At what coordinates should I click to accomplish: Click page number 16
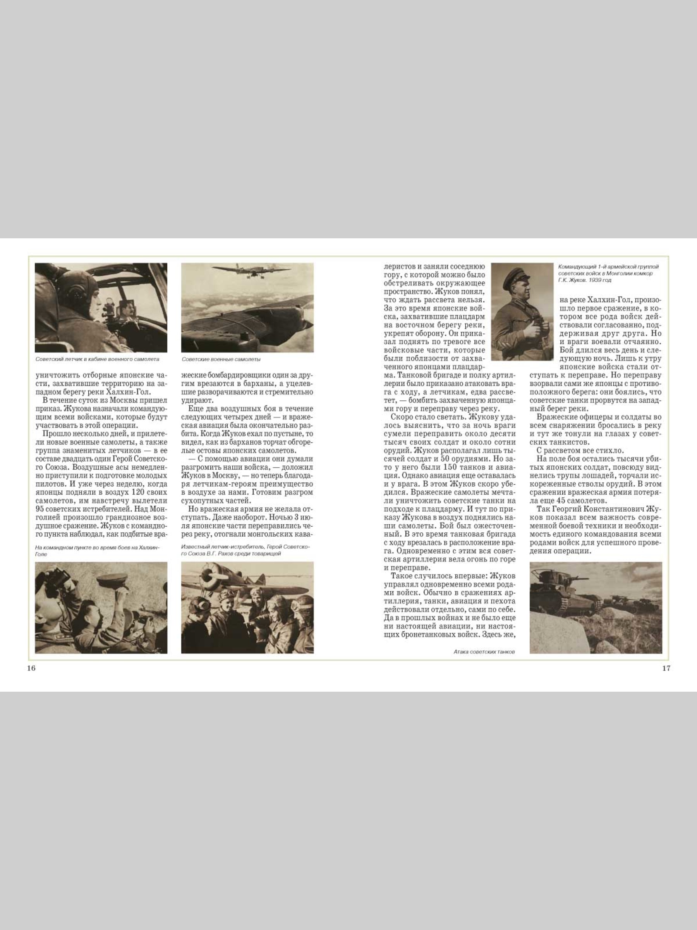pos(31,668)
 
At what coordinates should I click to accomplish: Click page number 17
pos(666,668)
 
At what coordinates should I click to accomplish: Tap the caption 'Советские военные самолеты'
pos(221,360)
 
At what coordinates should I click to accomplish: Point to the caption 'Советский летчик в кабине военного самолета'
pos(98,360)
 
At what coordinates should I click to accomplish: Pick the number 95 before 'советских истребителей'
pos(41,509)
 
